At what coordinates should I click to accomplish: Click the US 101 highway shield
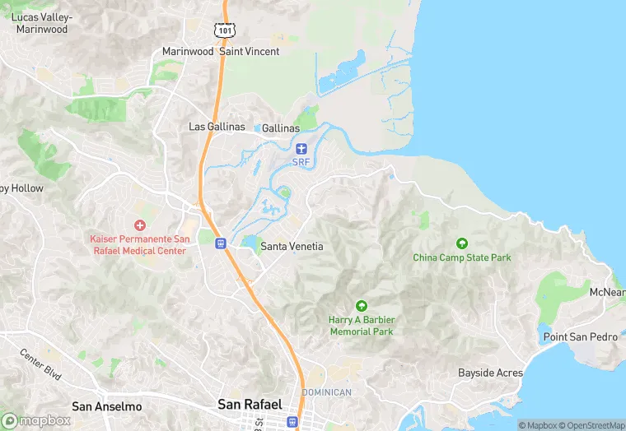(226, 30)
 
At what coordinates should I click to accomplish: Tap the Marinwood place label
(187, 51)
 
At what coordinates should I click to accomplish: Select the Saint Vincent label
(250, 51)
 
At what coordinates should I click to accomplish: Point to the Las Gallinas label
(217, 127)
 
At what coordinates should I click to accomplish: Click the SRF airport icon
(301, 148)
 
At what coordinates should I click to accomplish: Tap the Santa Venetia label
(292, 246)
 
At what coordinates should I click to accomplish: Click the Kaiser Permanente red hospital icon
(139, 225)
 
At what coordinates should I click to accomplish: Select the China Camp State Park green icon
(462, 243)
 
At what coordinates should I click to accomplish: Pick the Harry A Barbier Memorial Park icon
(361, 306)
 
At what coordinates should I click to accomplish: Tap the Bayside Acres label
(490, 373)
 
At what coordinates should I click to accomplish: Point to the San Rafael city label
(250, 404)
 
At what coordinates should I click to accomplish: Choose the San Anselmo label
(107, 406)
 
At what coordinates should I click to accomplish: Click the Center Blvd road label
(41, 364)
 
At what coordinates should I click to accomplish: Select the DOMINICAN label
(327, 392)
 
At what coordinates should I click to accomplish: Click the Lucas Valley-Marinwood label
(41, 23)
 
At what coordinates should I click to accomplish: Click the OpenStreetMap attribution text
(591, 425)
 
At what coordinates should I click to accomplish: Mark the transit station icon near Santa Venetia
(220, 243)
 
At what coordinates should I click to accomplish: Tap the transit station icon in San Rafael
(292, 421)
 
